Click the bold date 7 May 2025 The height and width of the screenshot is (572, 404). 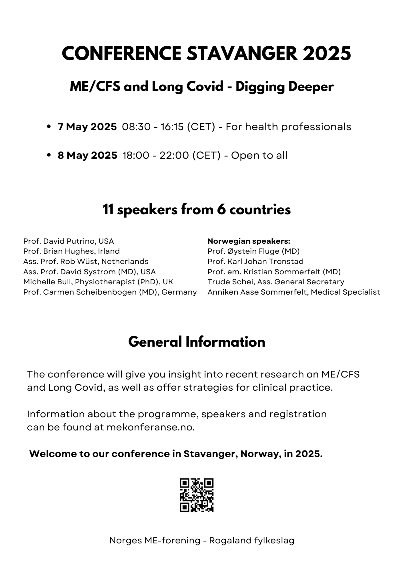(x=87, y=126)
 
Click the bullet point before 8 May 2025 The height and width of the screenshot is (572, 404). (x=49, y=155)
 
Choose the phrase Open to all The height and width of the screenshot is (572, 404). (x=259, y=155)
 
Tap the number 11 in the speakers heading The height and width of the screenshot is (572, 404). (x=108, y=210)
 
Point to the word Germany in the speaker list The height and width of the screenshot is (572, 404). (x=179, y=292)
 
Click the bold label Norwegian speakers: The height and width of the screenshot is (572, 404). (x=249, y=241)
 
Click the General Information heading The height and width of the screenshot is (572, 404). (x=197, y=342)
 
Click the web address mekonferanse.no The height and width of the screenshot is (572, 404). (x=151, y=427)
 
